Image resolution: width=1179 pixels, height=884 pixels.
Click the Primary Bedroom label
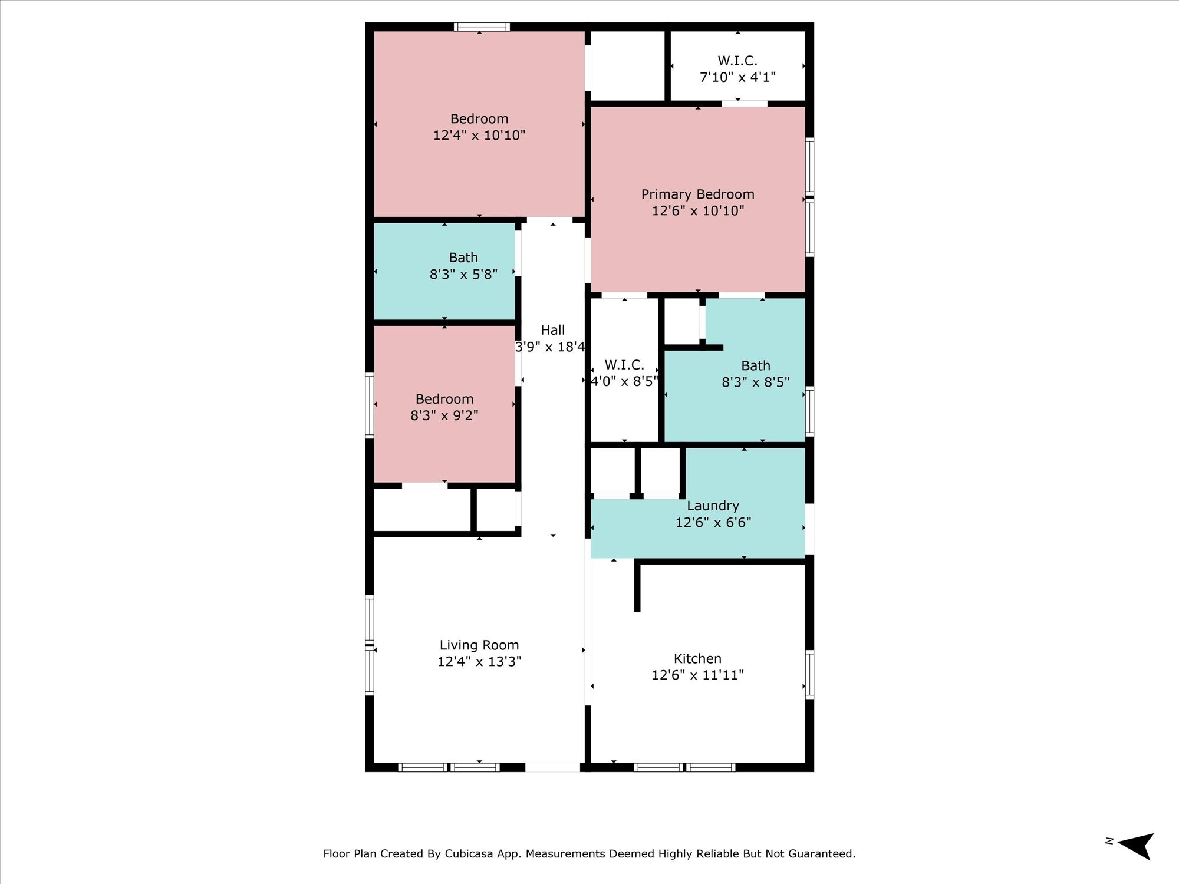click(x=697, y=194)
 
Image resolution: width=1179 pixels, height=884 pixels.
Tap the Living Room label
click(x=479, y=645)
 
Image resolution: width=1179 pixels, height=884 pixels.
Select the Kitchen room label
click(x=697, y=659)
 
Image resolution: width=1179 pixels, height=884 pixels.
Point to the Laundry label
click(x=713, y=506)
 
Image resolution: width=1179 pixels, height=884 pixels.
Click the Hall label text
click(x=553, y=330)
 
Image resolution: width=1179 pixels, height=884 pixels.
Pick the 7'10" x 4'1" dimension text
click(x=737, y=77)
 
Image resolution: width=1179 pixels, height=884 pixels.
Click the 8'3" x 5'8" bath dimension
click(x=463, y=274)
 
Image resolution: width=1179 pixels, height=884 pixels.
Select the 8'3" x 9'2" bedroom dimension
click(x=444, y=415)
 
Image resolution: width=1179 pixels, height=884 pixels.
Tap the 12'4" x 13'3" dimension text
click(x=479, y=662)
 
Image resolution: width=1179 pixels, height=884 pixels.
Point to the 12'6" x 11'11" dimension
click(x=697, y=675)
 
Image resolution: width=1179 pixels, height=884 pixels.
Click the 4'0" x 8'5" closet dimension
click(x=624, y=381)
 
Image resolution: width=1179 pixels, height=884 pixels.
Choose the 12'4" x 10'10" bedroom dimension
click(x=479, y=136)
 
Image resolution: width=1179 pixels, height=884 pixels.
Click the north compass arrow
click(x=1136, y=846)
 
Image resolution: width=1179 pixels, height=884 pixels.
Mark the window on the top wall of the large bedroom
click(x=482, y=27)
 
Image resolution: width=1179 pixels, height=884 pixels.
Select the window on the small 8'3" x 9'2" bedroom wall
click(x=370, y=405)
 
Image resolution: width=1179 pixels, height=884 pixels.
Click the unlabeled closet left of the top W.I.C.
click(x=628, y=66)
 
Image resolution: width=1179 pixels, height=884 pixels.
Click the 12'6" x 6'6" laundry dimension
click(x=713, y=522)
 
